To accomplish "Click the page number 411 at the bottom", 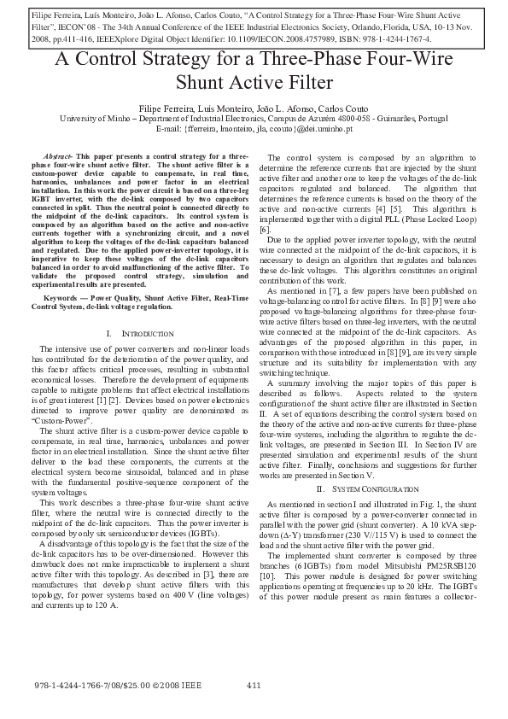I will [x=254, y=686].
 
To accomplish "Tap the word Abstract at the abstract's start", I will [x=59, y=158].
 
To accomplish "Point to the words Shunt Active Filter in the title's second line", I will [x=254, y=83].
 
